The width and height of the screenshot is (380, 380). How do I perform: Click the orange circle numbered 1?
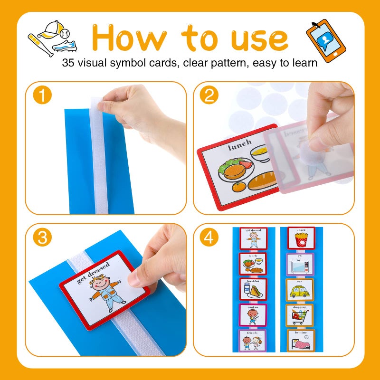point(43,96)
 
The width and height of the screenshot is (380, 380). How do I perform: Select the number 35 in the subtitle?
point(68,63)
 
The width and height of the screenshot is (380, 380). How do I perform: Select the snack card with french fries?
point(300,237)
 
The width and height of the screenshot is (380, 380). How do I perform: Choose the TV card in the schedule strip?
point(300,264)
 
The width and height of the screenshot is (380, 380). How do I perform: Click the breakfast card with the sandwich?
point(253,289)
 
